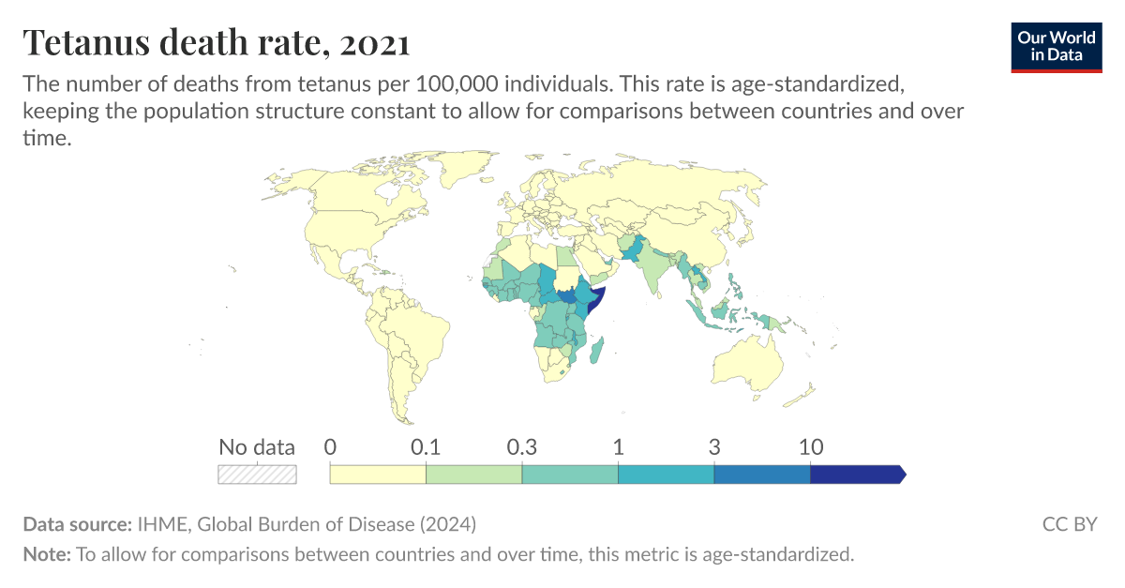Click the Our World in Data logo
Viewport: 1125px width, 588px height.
click(1057, 45)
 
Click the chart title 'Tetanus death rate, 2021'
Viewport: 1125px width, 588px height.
click(217, 42)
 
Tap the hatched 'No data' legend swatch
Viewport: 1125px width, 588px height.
click(257, 475)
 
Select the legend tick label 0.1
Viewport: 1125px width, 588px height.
click(426, 447)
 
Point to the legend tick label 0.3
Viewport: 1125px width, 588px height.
click(521, 447)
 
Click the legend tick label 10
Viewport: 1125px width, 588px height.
click(810, 447)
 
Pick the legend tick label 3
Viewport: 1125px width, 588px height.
click(714, 447)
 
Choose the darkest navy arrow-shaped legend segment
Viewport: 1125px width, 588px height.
click(856, 475)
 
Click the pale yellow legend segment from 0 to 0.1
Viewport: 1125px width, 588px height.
click(378, 475)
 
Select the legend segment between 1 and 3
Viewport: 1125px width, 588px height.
click(666, 475)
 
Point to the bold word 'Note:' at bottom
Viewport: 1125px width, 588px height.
click(47, 554)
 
